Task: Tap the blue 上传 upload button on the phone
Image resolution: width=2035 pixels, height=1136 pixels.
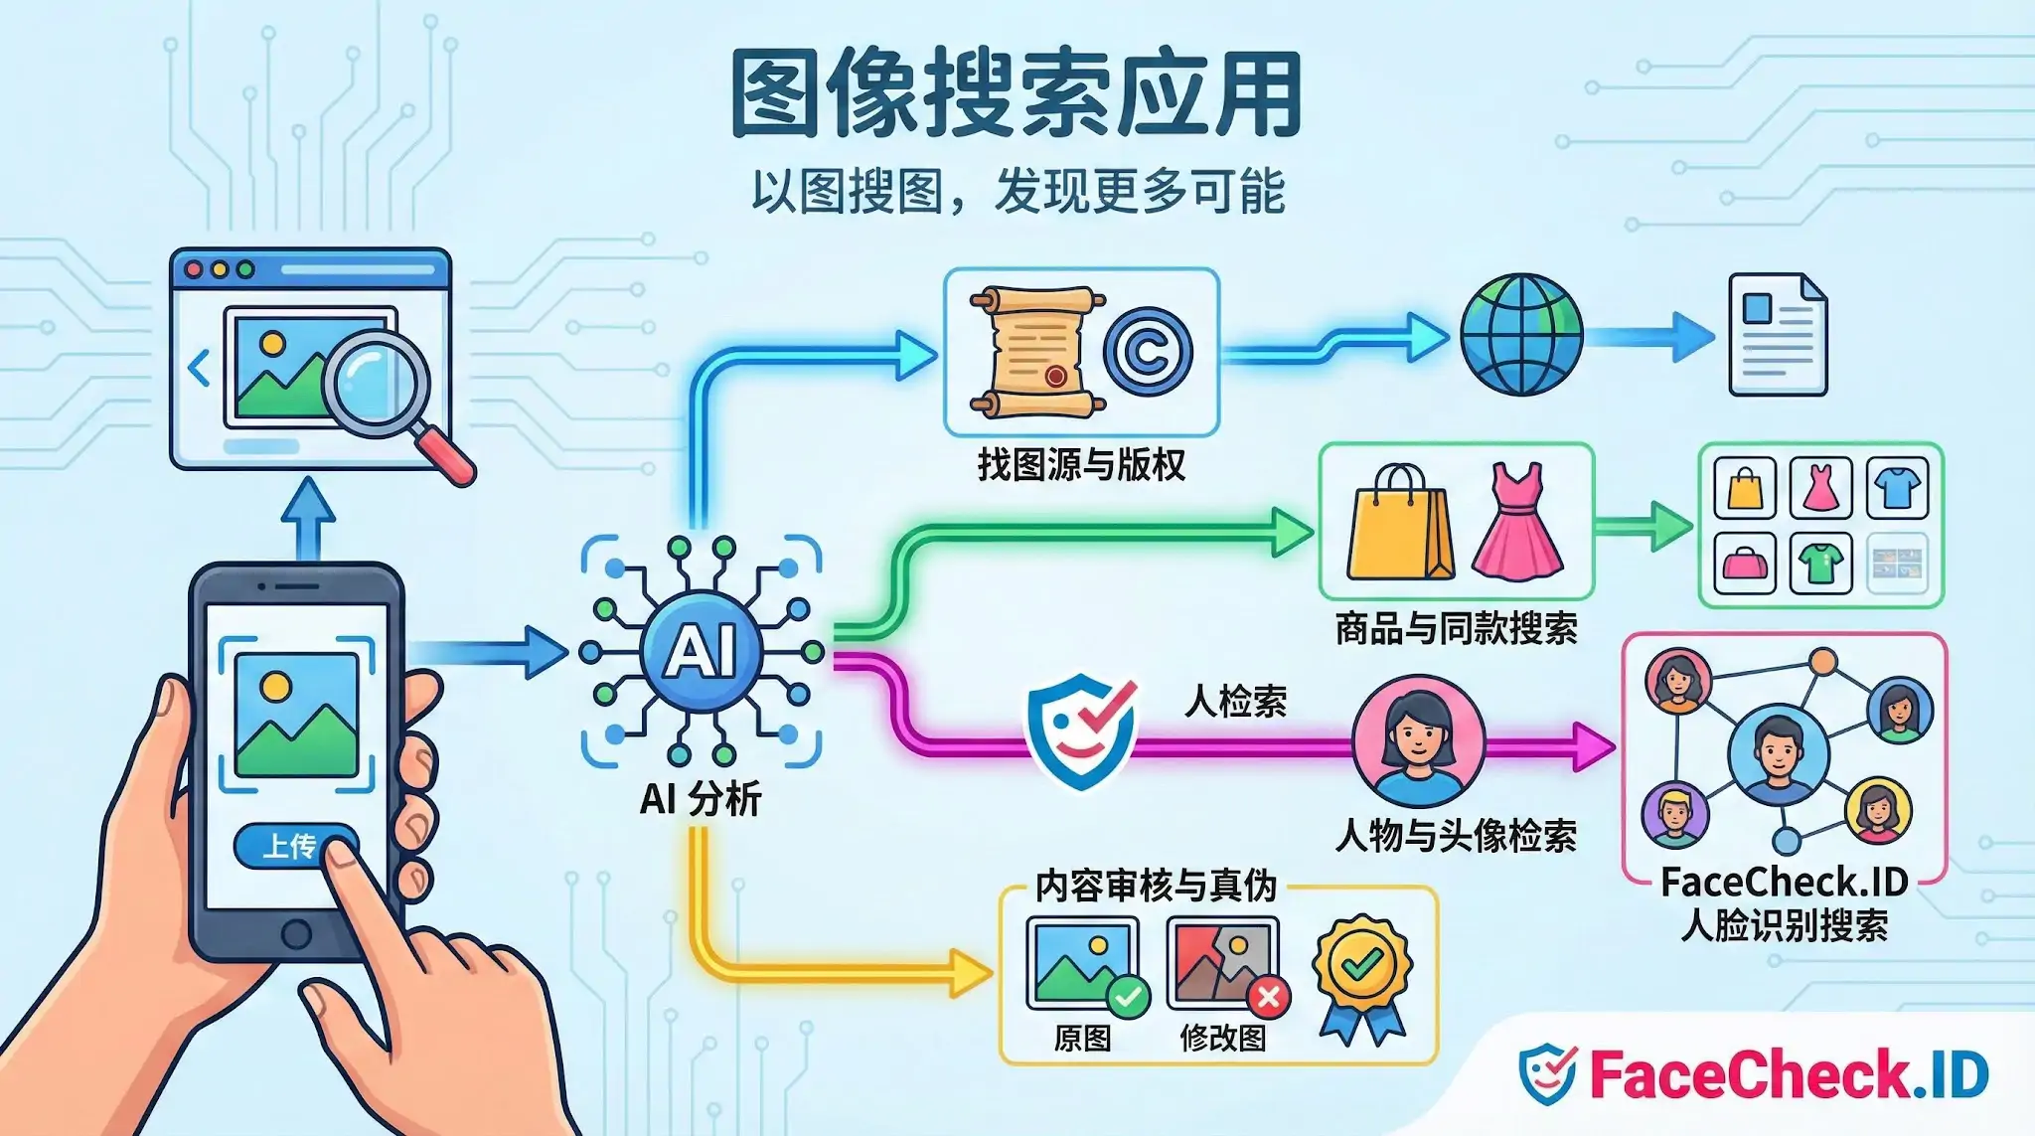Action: click(288, 846)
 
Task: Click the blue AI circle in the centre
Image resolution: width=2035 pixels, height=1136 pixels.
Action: click(702, 652)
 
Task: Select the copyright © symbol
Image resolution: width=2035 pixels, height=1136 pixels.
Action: click(1148, 351)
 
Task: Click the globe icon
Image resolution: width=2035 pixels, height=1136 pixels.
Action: click(1520, 335)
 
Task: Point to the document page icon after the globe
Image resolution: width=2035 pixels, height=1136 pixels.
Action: click(1777, 335)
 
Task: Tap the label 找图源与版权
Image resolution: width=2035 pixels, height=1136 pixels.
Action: click(1081, 465)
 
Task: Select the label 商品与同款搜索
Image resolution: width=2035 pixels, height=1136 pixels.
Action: click(1456, 629)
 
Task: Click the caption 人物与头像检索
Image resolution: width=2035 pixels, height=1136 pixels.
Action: click(1456, 836)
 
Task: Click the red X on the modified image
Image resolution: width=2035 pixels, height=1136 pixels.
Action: click(1268, 997)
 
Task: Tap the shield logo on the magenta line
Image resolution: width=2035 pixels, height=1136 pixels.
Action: click(1080, 729)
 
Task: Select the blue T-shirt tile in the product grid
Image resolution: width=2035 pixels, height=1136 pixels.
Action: click(1897, 487)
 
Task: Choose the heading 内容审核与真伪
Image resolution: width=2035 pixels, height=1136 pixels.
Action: click(1156, 886)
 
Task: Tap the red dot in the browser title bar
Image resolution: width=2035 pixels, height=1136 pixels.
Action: click(195, 269)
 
